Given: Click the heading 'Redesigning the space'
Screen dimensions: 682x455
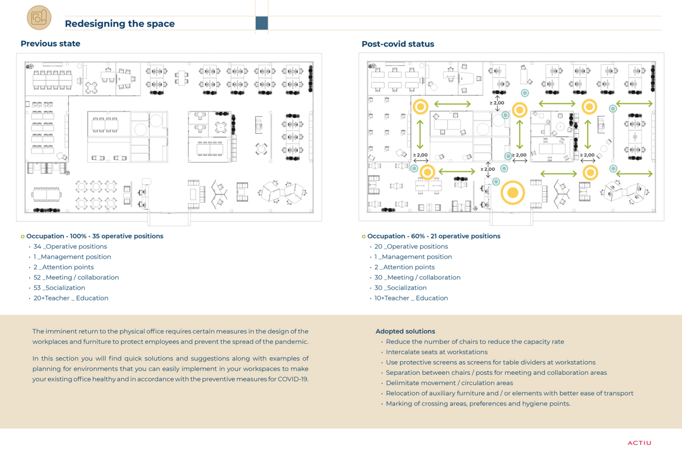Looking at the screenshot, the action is pos(120,23).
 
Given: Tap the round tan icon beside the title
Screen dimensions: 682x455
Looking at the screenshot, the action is pos(39,18).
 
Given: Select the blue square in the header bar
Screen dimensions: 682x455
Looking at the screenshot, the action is pos(261,23).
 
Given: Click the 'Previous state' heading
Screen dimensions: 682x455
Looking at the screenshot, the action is pos(51,44).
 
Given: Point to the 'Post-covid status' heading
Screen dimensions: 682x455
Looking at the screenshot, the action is pos(398,44).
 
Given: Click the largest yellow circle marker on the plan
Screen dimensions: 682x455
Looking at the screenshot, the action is pos(513,193).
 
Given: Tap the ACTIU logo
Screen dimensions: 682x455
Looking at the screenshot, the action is pos(639,443).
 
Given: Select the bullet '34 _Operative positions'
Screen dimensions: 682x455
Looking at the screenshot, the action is pos(70,246).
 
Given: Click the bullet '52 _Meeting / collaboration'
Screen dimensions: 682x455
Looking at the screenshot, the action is pos(76,278).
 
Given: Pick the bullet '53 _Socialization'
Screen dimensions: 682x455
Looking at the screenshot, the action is pos(59,288).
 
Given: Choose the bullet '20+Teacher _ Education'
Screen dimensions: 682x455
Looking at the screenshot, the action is pos(70,298).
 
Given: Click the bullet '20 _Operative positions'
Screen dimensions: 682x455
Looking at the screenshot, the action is pos(411,246).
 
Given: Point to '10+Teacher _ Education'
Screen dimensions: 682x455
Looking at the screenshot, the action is pos(411,298).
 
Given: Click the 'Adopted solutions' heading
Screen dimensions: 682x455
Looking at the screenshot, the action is pos(405,331).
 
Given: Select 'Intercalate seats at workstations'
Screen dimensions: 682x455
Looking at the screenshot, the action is pos(436,352).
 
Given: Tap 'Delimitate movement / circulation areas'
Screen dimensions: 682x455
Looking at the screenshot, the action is pos(450,383).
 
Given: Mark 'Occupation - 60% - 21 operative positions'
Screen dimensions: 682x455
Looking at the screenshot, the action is pos(434,236).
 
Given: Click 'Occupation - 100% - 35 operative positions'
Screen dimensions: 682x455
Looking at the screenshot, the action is pos(95,236).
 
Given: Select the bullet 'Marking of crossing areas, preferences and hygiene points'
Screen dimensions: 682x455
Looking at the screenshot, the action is pos(478,403).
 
